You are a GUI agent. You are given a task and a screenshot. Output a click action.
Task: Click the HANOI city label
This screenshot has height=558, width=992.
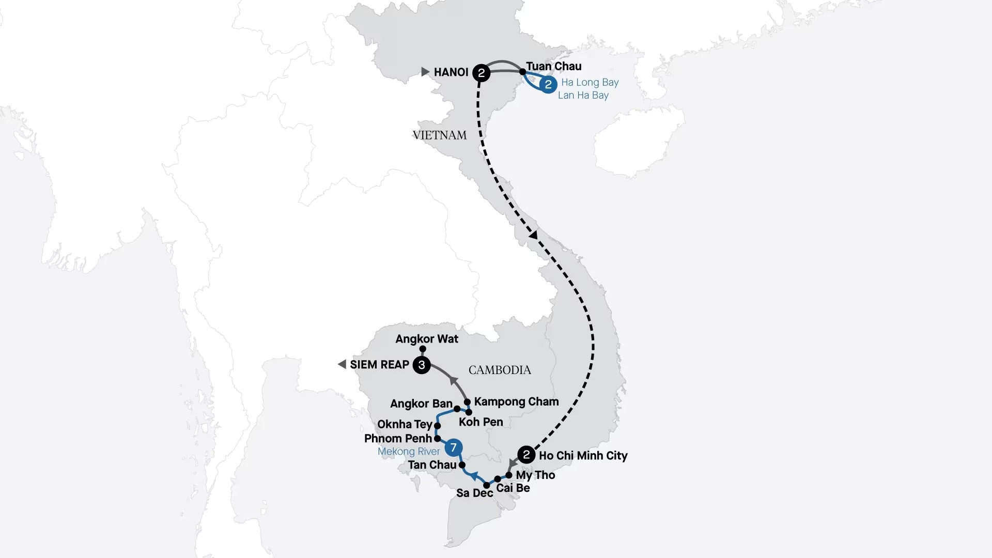(451, 72)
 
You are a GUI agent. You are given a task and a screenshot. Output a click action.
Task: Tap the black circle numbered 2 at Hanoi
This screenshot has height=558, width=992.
(481, 72)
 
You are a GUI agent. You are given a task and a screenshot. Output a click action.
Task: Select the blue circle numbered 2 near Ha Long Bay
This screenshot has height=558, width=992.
(548, 84)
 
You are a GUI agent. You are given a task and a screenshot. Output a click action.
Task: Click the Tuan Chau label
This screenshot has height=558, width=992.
(553, 66)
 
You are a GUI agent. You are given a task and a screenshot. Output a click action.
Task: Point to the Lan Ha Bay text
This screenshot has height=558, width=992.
(583, 95)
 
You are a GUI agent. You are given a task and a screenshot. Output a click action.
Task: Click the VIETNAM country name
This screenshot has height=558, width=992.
(439, 135)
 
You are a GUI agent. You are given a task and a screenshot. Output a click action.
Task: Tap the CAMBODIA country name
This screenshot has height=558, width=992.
(499, 370)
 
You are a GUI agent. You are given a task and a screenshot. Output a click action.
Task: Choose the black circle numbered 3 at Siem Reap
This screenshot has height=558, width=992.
(422, 365)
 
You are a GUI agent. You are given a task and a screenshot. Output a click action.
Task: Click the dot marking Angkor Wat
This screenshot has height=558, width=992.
(423, 349)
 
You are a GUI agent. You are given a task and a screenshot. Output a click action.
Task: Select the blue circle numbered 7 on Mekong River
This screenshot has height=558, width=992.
(453, 447)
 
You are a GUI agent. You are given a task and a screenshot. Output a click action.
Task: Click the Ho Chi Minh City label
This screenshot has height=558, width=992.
(583, 456)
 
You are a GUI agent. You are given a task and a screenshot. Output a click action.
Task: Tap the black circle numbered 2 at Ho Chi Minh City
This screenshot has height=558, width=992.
(526, 455)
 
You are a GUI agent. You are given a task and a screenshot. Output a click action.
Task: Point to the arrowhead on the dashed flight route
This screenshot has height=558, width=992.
(534, 235)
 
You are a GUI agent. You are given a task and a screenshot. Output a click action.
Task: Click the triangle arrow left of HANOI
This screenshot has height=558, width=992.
(425, 72)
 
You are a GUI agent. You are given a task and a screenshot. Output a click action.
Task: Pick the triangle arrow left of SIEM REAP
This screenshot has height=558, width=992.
(342, 365)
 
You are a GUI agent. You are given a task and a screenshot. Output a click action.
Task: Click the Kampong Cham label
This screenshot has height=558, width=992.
(516, 401)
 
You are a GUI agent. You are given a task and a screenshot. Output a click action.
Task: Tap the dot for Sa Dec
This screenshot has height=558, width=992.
(486, 485)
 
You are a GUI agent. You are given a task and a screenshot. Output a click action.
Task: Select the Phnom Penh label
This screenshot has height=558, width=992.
(397, 439)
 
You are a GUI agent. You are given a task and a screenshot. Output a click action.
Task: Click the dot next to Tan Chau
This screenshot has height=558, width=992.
(462, 465)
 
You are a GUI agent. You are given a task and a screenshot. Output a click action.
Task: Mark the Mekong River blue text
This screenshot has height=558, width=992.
(408, 452)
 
